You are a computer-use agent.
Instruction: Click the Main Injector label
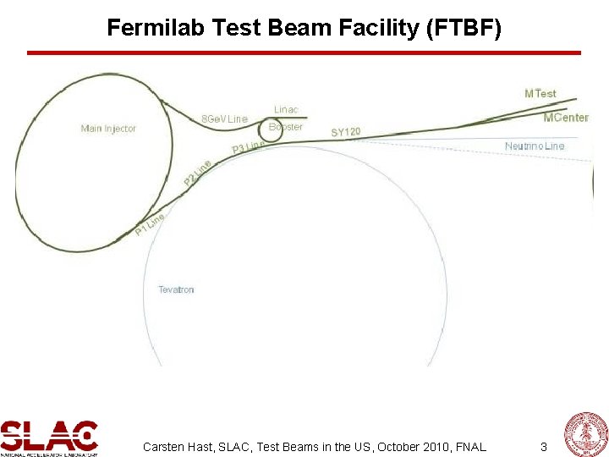pos(108,129)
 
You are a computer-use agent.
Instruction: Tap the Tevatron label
pos(176,289)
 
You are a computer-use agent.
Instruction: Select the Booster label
pos(286,127)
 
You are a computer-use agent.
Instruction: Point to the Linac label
pos(286,110)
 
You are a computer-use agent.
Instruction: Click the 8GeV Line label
pos(224,118)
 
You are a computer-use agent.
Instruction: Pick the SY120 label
pos(346,132)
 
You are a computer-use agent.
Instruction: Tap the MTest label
pos(540,93)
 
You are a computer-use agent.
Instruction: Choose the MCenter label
pos(565,117)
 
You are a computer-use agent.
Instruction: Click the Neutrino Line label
pos(534,146)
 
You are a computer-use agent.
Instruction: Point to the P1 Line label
pos(150,224)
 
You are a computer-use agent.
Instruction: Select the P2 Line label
pos(197,173)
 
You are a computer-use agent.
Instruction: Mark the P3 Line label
pos(249,148)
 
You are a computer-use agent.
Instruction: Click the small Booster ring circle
pos(273,133)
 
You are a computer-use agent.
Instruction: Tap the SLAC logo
pos(49,437)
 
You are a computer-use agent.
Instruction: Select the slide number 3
pos(544,446)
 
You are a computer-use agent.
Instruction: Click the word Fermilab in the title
pos(153,29)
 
